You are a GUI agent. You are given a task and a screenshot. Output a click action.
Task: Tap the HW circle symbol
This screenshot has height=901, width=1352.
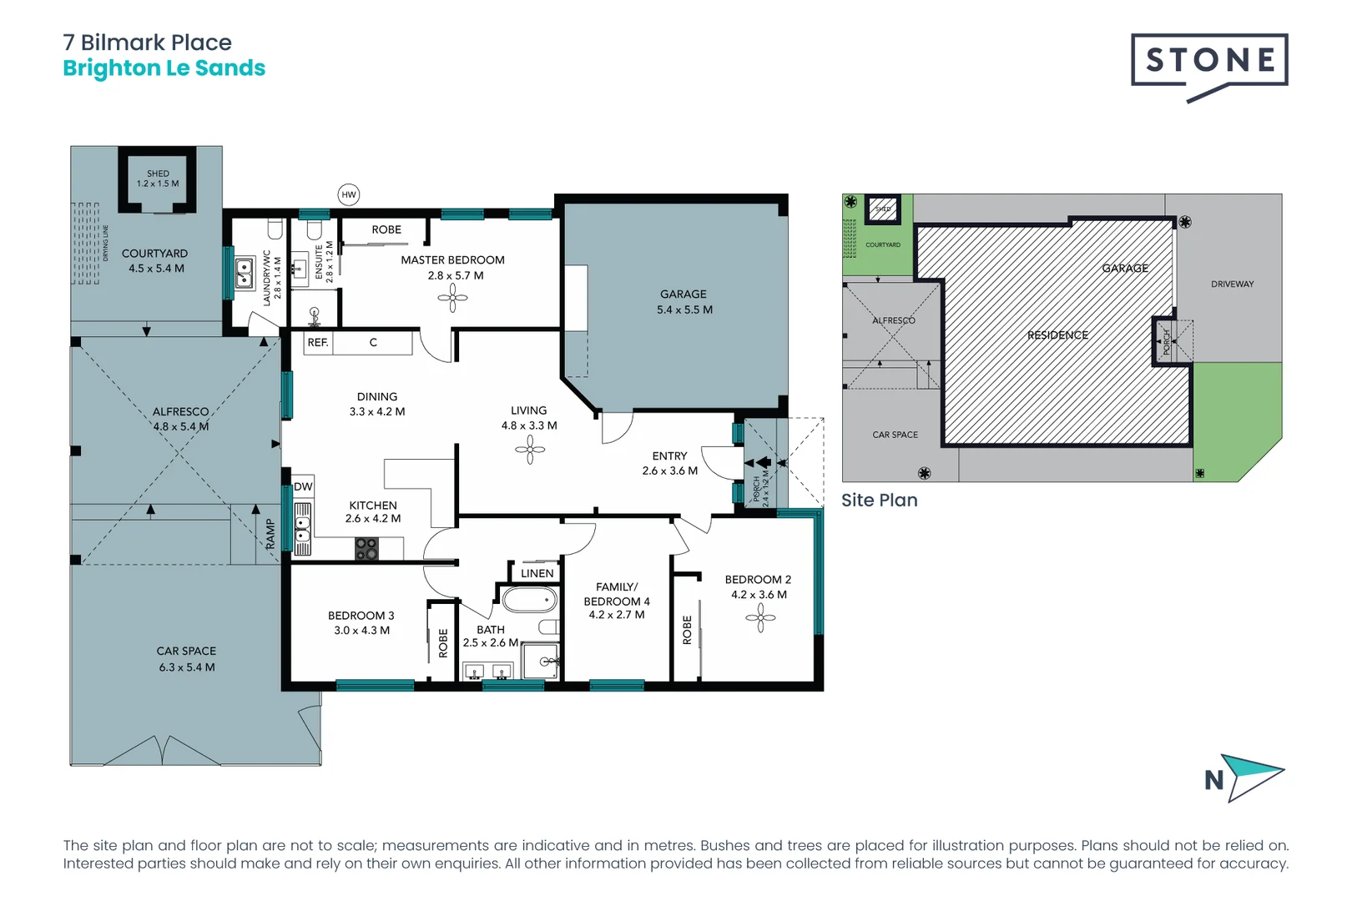click(x=349, y=194)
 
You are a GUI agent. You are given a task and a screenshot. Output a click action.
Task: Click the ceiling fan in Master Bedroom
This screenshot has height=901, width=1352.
click(x=452, y=298)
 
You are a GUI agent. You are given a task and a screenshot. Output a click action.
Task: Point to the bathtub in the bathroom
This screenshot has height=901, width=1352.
click(x=529, y=599)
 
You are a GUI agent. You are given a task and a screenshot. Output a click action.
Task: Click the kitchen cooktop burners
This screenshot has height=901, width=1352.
click(x=366, y=548)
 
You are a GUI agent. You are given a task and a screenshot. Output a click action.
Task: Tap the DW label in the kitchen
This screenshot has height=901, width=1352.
click(x=303, y=486)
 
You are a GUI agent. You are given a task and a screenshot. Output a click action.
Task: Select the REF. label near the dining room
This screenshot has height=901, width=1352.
click(x=317, y=342)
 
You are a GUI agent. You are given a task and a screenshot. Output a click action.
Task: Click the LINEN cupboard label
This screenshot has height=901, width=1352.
click(x=537, y=573)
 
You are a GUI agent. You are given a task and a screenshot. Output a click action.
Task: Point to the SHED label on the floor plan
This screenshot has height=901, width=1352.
click(x=158, y=174)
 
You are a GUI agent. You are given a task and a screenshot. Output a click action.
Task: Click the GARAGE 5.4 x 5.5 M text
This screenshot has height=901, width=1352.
click(x=684, y=302)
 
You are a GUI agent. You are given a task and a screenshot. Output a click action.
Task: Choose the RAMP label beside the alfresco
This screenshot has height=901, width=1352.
click(x=270, y=534)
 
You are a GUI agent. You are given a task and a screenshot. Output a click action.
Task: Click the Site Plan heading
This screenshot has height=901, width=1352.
click(x=879, y=500)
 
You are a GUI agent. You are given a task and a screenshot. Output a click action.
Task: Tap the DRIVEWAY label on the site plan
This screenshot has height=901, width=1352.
click(x=1232, y=284)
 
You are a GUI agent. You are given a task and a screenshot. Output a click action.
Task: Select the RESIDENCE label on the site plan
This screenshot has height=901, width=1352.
click(x=1057, y=335)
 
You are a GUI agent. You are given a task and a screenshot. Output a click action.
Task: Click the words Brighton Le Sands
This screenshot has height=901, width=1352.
click(x=164, y=68)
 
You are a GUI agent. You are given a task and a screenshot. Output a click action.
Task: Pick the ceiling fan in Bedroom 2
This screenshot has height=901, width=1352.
click(x=760, y=618)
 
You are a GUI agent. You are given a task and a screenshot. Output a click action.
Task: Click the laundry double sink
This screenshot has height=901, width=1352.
click(x=244, y=273)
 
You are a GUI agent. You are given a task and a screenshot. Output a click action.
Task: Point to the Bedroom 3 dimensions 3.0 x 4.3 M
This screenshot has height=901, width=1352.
click(x=361, y=631)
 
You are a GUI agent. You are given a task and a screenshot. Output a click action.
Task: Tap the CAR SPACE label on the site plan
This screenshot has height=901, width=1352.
click(x=895, y=435)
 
